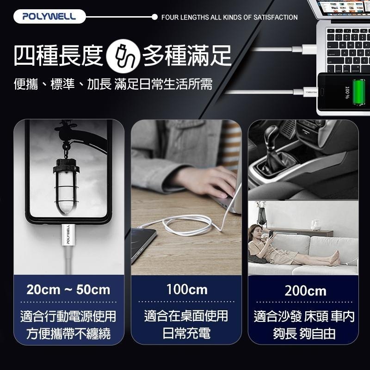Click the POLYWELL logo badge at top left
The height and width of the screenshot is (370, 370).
click(x=49, y=17)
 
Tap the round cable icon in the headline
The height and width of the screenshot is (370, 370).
click(x=123, y=56)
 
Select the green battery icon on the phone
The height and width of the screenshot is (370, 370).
click(x=359, y=92)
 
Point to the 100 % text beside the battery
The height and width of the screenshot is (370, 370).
click(x=347, y=92)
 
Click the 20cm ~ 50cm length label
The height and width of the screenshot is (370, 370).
click(x=68, y=290)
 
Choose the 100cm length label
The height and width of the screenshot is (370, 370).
click(x=187, y=290)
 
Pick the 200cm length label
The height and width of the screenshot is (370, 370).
click(x=305, y=291)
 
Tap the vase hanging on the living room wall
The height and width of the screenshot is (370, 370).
click(x=261, y=214)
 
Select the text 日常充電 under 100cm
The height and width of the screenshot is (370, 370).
click(x=186, y=333)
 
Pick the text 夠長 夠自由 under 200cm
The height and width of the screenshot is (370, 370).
click(x=304, y=333)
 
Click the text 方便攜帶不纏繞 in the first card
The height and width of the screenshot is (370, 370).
click(x=68, y=333)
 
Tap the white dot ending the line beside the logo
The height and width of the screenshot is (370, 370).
click(x=154, y=17)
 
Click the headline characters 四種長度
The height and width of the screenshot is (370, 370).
click(x=58, y=56)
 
